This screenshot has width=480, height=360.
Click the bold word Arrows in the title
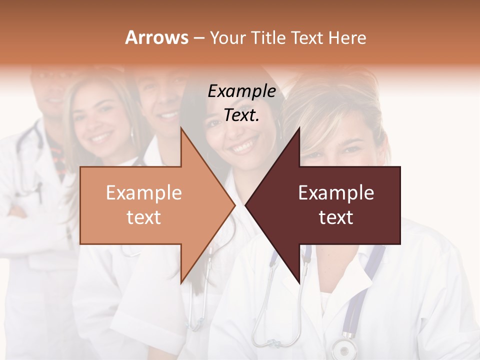click(x=156, y=37)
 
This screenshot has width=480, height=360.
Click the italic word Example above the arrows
click(x=241, y=91)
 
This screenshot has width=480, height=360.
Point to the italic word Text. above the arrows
click(x=241, y=115)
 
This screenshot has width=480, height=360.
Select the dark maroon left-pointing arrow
click(x=340, y=205)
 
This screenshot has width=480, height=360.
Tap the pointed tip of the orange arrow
click(x=234, y=205)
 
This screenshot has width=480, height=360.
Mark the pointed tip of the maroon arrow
click(x=246, y=205)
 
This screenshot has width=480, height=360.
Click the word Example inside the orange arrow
click(x=144, y=193)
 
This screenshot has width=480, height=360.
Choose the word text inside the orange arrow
click(x=144, y=217)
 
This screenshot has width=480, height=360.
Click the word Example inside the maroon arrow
click(x=336, y=193)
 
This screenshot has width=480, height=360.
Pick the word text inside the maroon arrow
click(x=336, y=217)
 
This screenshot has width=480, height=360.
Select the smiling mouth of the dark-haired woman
click(x=243, y=146)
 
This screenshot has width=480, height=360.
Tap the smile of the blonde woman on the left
click(x=101, y=137)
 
